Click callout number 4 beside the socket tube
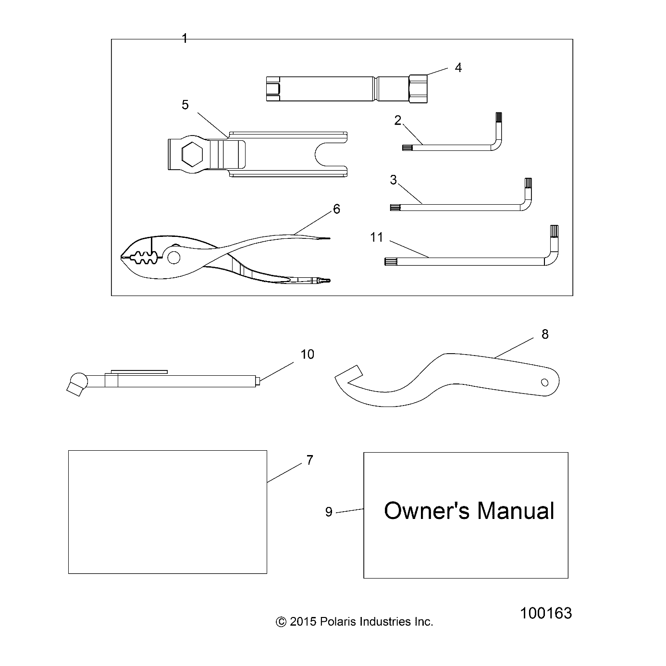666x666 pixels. pos(458,68)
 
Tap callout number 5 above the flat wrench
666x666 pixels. pos(185,105)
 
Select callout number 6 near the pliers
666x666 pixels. pos(336,209)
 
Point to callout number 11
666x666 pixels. pos(377,237)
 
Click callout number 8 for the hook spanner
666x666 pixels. pos(544,334)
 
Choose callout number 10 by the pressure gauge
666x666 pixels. pos(307,354)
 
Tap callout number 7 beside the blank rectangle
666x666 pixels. pos(309,460)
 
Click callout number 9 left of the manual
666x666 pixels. pos(329,512)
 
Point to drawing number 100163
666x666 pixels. pos(546,613)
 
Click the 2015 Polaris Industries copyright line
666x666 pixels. pos(354,622)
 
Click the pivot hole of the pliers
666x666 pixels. pos(174,258)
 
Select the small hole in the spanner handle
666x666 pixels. pos(544,382)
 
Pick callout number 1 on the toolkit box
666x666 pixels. pos(185,38)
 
